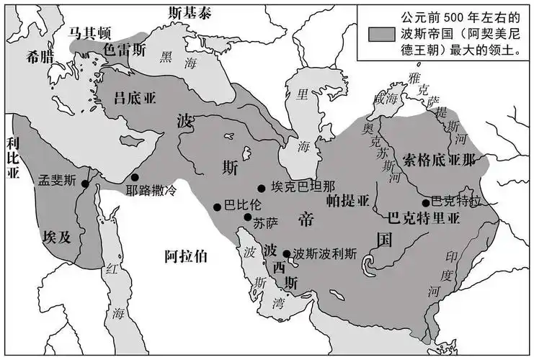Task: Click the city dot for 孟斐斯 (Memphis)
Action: point(85,184)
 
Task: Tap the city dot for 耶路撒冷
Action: point(135,177)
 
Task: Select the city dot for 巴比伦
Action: point(217,207)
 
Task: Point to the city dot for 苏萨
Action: point(248,217)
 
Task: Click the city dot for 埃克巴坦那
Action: point(262,189)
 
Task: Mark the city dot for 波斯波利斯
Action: point(287,253)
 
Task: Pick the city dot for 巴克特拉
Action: point(426,202)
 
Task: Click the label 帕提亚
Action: point(347,199)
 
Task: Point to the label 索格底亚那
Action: point(440,160)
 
